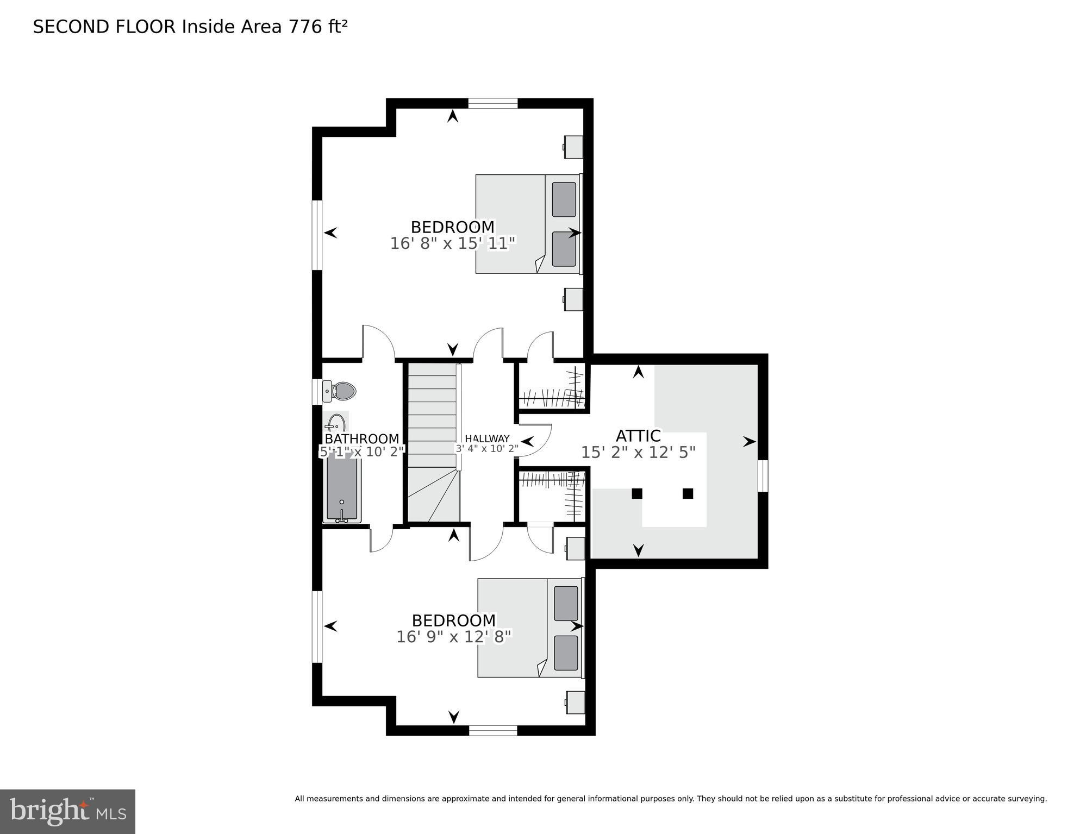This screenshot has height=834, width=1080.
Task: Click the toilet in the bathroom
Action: (340, 391)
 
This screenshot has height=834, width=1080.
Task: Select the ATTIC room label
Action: (638, 436)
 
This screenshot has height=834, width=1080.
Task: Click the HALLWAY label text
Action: (487, 438)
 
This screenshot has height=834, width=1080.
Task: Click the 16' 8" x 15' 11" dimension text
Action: (452, 243)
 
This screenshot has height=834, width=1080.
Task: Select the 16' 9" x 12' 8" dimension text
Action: (454, 637)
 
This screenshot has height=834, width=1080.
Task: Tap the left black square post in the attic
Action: (637, 493)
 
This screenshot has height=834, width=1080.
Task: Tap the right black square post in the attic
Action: (688, 493)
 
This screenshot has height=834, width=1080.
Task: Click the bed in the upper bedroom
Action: (527, 224)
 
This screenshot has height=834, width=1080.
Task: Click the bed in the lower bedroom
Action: (529, 628)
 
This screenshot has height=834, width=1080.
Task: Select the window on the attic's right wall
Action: (763, 476)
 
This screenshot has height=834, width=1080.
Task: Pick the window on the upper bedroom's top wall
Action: (492, 103)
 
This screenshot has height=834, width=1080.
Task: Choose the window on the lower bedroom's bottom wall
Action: (492, 731)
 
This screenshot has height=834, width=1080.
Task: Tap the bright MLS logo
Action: (67, 811)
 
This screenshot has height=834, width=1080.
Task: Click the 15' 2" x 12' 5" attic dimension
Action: (638, 453)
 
